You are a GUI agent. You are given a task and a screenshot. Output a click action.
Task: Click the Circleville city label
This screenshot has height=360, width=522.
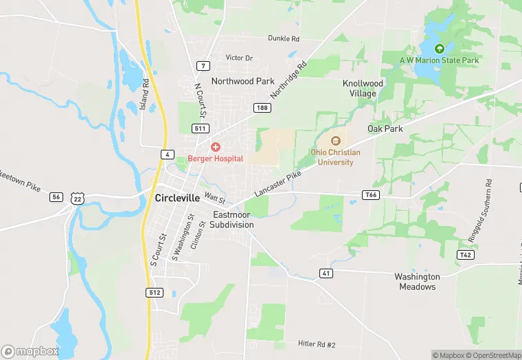click(x=177, y=198)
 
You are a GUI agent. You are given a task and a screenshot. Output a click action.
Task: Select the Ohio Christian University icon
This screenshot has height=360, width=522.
click(x=336, y=141)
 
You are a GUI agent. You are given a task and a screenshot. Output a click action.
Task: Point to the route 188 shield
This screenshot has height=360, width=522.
click(x=261, y=108)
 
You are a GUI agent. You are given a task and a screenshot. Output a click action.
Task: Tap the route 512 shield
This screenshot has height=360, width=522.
click(x=155, y=293)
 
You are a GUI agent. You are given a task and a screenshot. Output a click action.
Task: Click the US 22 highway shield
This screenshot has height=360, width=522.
click(x=78, y=198)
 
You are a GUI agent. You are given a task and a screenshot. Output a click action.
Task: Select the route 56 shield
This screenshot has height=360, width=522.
click(x=56, y=197)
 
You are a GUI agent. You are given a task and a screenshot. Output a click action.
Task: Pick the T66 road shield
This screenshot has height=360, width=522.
click(x=371, y=195)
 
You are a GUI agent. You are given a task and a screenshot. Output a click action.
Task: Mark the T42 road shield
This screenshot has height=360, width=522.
click(x=466, y=254)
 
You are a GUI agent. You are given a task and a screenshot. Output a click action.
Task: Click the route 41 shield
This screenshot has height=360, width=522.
click(x=326, y=273)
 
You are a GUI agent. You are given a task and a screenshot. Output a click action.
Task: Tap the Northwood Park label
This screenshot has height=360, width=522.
click(x=242, y=81)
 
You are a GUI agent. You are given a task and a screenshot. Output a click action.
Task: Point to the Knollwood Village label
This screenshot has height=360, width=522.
click(x=363, y=88)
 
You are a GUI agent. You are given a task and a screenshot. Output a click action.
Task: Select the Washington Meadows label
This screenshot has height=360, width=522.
click(x=417, y=282)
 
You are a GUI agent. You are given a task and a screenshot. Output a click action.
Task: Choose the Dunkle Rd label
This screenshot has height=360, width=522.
click(x=284, y=38)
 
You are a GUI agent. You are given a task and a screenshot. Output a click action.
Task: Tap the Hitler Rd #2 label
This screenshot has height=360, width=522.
click(x=316, y=344)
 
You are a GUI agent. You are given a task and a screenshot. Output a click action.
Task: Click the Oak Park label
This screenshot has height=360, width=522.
click(x=385, y=128)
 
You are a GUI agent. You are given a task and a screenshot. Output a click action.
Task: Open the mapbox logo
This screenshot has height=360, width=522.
click(x=30, y=351)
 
